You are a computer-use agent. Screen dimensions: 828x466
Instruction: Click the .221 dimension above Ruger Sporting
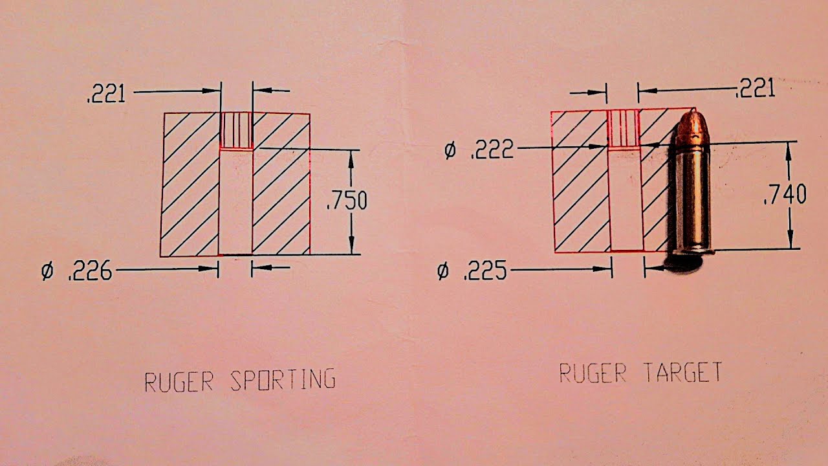pyautogui.click(x=107, y=94)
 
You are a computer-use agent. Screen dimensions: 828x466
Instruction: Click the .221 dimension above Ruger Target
pyautogui.click(x=755, y=89)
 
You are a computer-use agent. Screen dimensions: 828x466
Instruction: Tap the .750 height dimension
pyautogui.click(x=347, y=201)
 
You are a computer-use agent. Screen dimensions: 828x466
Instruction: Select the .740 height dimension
pyautogui.click(x=785, y=195)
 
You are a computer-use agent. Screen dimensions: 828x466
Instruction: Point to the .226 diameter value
pyautogui.click(x=90, y=271)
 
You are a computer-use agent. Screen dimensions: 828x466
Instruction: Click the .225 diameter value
pyautogui.click(x=485, y=271)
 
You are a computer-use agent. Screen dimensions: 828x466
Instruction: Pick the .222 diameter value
pyautogui.click(x=492, y=149)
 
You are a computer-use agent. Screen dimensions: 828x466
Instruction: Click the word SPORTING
pyautogui.click(x=283, y=380)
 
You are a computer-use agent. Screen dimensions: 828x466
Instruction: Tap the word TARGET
pyautogui.click(x=682, y=372)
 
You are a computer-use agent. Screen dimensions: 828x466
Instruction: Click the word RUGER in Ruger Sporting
pyautogui.click(x=179, y=382)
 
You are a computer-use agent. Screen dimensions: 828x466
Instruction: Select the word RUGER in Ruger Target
pyautogui.click(x=593, y=373)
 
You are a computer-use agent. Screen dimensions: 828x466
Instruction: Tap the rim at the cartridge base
pyautogui.click(x=693, y=252)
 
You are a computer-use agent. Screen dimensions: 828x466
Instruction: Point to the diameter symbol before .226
pyautogui.click(x=48, y=271)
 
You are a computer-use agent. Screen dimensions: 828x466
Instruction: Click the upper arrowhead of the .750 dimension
pyautogui.click(x=351, y=159)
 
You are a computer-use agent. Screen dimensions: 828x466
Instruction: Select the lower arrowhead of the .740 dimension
pyautogui.click(x=790, y=239)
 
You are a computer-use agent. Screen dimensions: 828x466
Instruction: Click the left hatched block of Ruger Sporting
pyautogui.click(x=190, y=184)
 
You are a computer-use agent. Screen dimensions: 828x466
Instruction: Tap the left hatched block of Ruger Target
pyautogui.click(x=580, y=182)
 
